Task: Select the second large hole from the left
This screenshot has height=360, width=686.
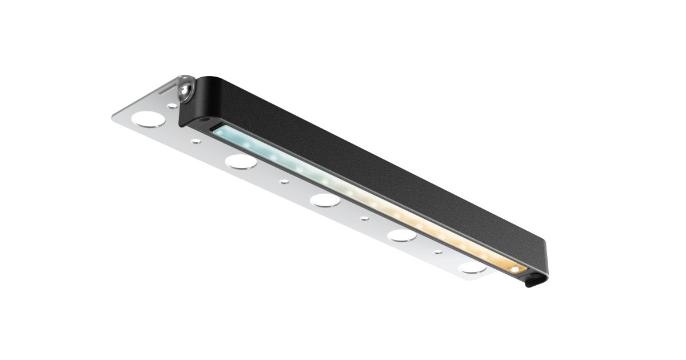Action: coord(241,161)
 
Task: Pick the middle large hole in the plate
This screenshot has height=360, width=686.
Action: coord(325,199)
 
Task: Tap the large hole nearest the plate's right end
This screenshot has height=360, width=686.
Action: coord(472,266)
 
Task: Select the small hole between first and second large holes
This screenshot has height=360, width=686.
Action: coord(196,141)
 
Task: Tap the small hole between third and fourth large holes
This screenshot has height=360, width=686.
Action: coord(364,218)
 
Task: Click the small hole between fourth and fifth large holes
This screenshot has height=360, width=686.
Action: coord(438,252)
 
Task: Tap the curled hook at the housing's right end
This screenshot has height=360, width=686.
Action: coord(532,281)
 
